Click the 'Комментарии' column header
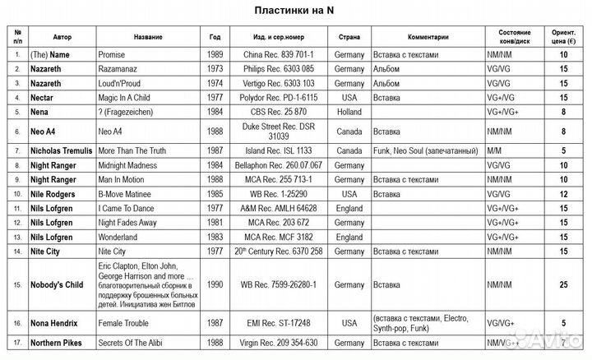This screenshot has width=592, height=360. click(428, 37)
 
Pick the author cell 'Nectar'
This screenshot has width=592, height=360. click(43, 97)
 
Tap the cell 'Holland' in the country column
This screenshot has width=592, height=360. click(349, 111)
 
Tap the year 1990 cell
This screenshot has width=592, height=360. click(215, 285)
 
